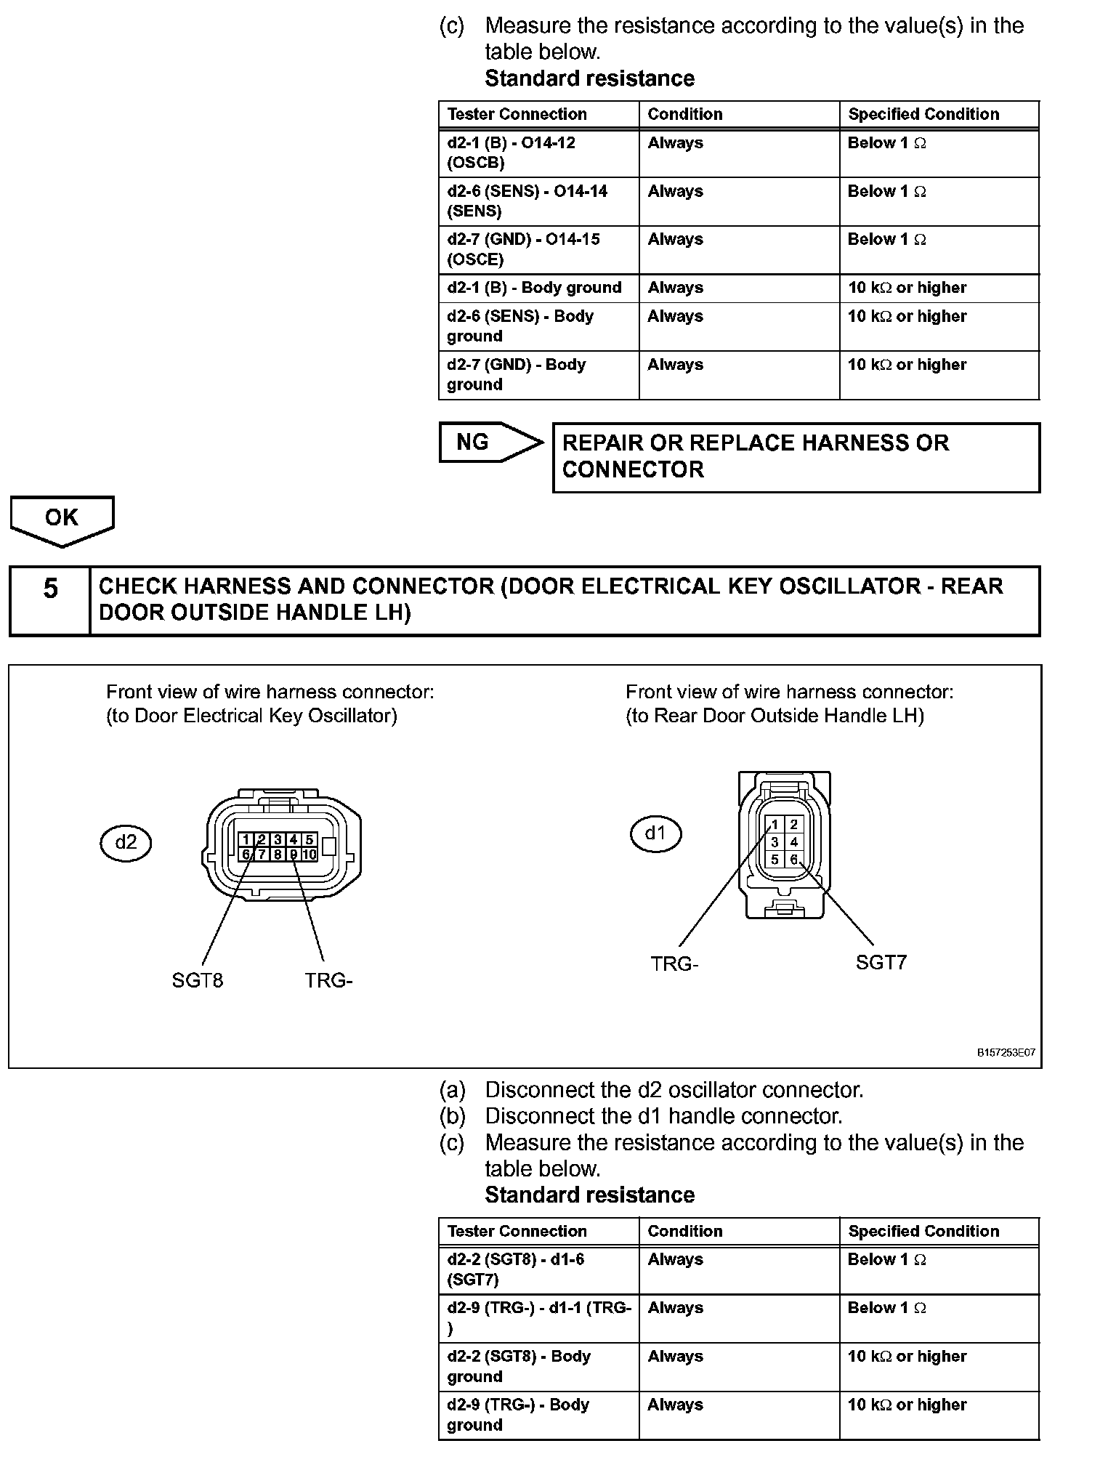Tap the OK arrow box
[x=62, y=519]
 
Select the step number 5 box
[x=50, y=600]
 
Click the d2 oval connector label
[x=126, y=842]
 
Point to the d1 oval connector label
[x=655, y=833]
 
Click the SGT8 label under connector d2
[x=197, y=980]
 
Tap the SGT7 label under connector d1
[x=881, y=963]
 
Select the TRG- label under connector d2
[x=328, y=980]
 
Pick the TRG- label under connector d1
[x=674, y=964]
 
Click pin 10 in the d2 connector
[x=310, y=855]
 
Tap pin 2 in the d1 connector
[x=794, y=824]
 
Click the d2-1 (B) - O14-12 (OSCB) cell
[x=538, y=153]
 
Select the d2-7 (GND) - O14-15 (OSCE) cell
[x=538, y=249]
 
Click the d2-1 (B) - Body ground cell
[x=538, y=288]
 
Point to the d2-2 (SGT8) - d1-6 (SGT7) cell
[x=538, y=1269]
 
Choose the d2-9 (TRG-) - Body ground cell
[x=538, y=1414]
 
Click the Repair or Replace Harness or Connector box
[x=796, y=456]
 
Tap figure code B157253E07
[x=1006, y=1052]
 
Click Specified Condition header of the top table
[x=923, y=114]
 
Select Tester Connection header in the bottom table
[x=517, y=1231]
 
